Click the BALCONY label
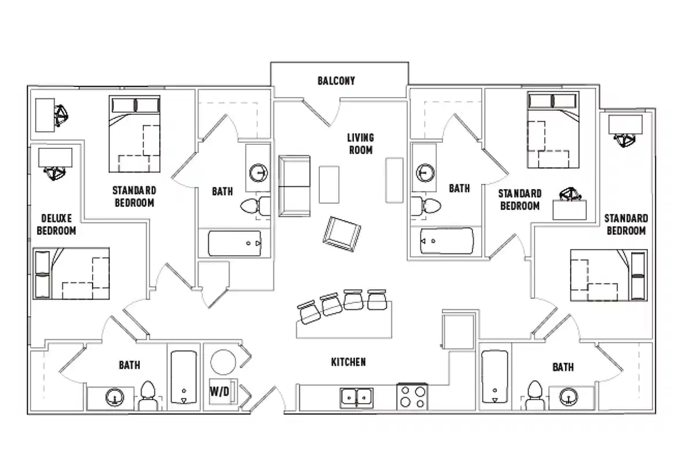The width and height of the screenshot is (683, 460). coord(336,81)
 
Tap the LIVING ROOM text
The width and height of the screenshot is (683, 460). coord(360,144)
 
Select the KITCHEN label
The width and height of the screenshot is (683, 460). coord(348,362)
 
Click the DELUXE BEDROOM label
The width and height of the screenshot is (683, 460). coord(56,224)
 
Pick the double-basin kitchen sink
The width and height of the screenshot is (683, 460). coord(357,397)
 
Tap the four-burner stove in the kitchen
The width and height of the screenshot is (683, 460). coord(413,397)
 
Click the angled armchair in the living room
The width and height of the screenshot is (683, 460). coord(343,233)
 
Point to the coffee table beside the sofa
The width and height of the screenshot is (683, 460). coord(329,184)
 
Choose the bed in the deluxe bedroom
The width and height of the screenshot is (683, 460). coord(71,274)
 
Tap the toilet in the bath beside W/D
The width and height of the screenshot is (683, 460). coord(148,396)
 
